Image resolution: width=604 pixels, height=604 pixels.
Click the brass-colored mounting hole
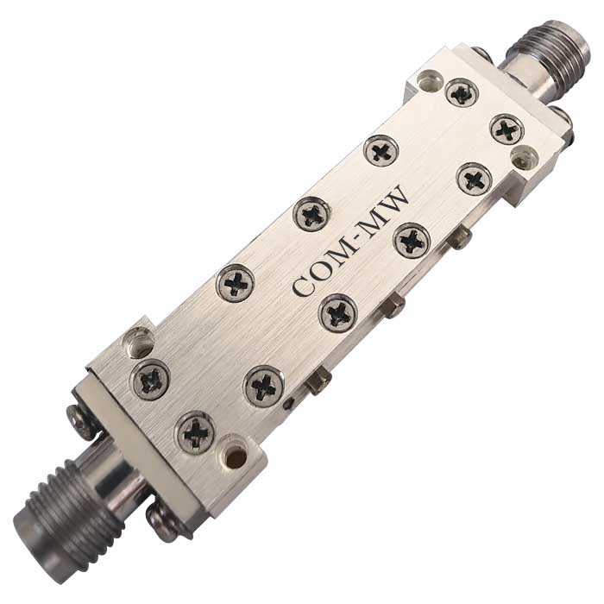[x=234, y=456]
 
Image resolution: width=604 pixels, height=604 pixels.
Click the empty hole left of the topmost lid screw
[x=429, y=79]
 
